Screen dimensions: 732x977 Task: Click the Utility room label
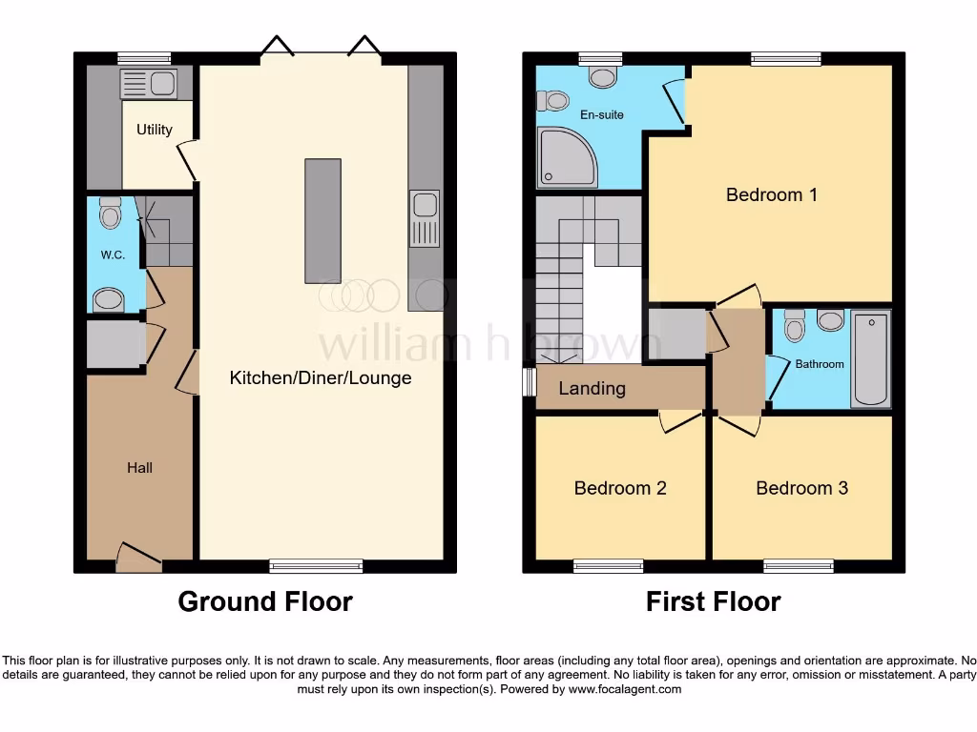155,130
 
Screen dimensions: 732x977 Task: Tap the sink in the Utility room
147,84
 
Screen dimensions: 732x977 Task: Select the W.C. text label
114,255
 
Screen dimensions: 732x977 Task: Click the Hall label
140,468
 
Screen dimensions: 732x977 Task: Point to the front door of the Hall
138,558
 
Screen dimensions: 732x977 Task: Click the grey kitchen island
322,220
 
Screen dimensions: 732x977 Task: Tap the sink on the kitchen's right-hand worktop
424,218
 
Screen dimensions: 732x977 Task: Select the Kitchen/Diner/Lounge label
321,378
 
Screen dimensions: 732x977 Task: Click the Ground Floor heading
265,602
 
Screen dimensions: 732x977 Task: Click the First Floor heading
713,602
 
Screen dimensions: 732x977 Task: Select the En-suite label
602,115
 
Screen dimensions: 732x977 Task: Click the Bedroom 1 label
771,195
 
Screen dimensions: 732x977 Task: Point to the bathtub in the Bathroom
870,358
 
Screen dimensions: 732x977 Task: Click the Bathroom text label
820,364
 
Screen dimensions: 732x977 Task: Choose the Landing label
592,389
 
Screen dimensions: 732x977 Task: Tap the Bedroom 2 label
620,488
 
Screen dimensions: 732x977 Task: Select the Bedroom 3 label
801,488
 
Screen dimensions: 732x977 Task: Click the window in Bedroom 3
799,566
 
